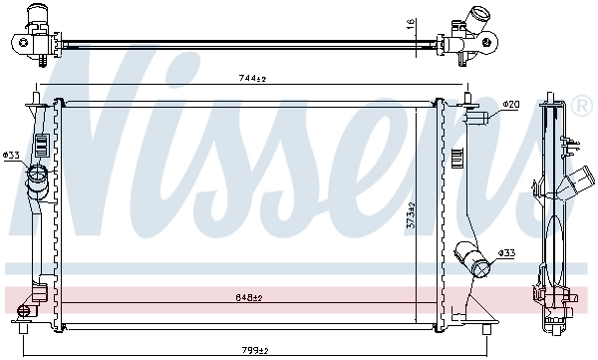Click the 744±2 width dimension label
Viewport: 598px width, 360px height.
249,79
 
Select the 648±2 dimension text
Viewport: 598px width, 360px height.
249,297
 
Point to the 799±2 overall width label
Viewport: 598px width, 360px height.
255,350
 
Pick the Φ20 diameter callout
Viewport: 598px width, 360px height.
511,104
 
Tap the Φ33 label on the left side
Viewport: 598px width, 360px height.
11,155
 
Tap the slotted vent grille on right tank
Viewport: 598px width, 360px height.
456,159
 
